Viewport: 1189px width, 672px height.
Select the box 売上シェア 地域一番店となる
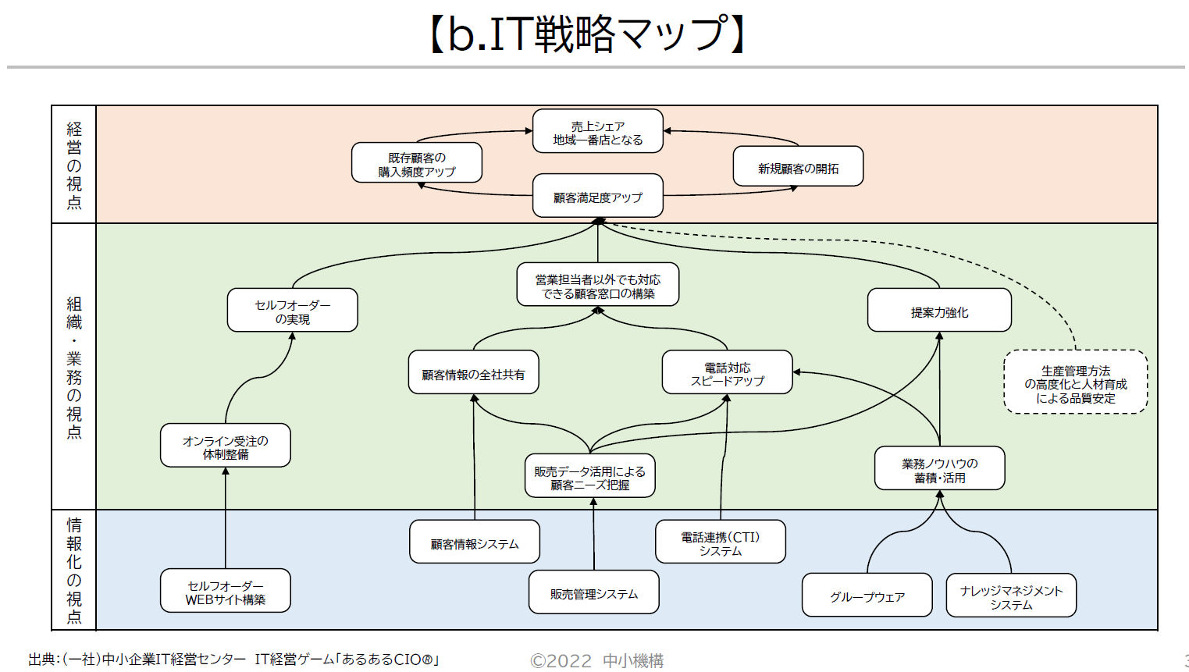(597, 132)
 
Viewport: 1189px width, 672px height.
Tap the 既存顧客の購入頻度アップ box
(416, 164)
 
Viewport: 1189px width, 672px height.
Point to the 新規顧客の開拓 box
(798, 167)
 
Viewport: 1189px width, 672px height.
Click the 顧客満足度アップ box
(597, 197)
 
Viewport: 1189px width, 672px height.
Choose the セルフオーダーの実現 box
(292, 311)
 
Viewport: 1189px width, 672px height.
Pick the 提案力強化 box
(939, 311)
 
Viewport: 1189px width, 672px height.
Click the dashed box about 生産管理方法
(1075, 383)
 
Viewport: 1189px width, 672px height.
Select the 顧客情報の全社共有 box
(473, 373)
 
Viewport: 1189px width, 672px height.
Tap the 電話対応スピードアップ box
(727, 373)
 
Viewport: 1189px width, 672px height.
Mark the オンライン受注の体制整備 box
(225, 446)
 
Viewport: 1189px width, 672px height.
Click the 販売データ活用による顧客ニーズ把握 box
(589, 477)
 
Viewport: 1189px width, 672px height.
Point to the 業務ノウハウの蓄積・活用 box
(939, 469)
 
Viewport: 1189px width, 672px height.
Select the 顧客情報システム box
(474, 542)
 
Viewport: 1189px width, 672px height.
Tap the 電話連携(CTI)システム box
(720, 542)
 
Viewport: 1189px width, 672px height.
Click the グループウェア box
(867, 596)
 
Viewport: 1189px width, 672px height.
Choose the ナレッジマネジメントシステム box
(1011, 596)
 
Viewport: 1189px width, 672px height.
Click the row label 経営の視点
(74, 165)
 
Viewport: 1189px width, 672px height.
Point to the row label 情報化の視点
(74, 571)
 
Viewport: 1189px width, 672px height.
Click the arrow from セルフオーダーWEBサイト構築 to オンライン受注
(226, 519)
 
